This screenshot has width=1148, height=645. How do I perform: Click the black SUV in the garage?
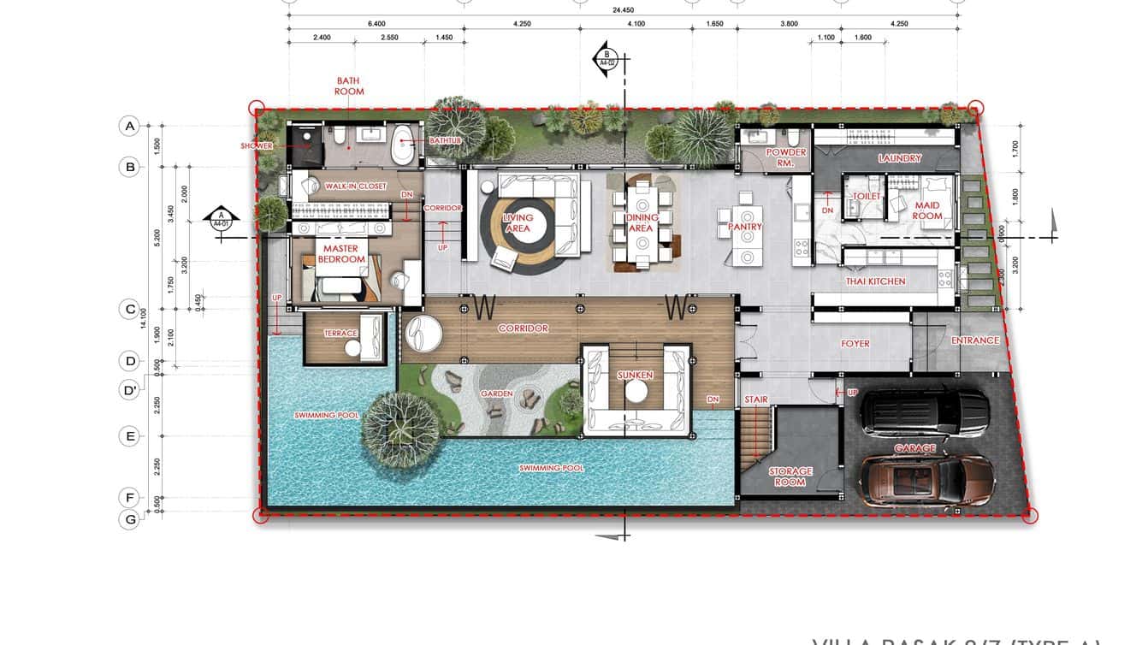click(924, 412)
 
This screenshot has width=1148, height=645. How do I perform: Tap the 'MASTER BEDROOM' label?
click(342, 254)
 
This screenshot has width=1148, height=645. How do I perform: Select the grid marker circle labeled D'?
click(130, 390)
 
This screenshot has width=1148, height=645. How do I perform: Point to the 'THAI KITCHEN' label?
click(875, 281)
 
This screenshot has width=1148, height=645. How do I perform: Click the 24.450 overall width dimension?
click(623, 11)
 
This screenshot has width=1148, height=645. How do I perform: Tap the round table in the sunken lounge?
click(636, 390)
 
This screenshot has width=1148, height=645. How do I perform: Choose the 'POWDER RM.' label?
click(785, 157)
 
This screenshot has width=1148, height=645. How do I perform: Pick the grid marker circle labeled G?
click(129, 518)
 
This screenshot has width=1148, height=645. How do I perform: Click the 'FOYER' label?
click(855, 344)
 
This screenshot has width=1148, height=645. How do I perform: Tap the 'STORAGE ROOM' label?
click(790, 476)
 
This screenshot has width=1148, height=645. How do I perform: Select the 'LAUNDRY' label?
click(899, 158)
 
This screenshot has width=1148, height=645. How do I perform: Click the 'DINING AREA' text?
click(641, 222)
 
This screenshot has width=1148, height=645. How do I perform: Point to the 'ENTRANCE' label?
click(974, 340)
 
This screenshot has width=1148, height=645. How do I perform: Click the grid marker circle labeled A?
click(130, 127)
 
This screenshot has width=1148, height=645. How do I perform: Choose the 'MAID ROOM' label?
click(926, 210)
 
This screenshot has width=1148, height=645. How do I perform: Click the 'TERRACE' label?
click(340, 334)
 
